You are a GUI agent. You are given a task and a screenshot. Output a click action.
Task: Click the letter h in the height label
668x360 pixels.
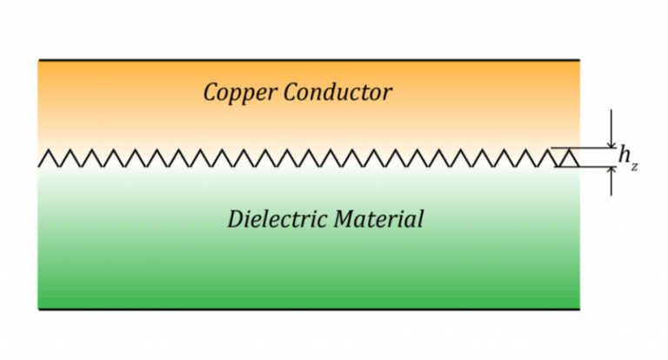[x=625, y=154]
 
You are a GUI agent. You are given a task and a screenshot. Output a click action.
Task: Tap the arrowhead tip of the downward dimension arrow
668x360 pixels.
[x=612, y=147]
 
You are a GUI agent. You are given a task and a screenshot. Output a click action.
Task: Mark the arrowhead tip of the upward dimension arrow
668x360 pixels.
[x=612, y=167]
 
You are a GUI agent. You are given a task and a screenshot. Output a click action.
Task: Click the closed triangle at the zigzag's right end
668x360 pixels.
[x=567, y=159]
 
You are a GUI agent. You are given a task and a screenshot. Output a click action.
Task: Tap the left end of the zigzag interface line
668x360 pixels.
[x=41, y=165]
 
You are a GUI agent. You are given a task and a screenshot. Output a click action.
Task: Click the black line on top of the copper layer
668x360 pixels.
[x=309, y=60]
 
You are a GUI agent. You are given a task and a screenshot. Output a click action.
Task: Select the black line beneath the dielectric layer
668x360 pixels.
[x=309, y=309]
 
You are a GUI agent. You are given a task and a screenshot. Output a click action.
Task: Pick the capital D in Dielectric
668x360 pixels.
[x=235, y=217]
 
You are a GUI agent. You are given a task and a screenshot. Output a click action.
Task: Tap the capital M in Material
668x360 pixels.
[x=341, y=217]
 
